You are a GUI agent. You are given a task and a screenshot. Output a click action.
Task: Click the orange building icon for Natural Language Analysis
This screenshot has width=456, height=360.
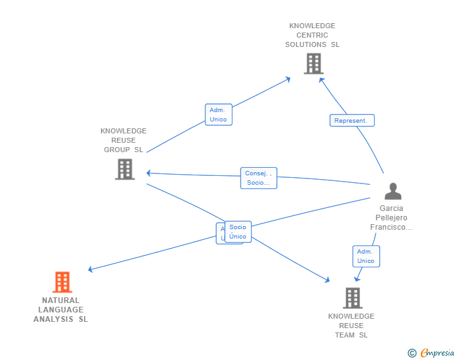pyautogui.click(x=61, y=282)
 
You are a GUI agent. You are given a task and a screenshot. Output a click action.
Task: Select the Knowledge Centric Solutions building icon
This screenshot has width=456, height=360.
pyautogui.click(x=313, y=64)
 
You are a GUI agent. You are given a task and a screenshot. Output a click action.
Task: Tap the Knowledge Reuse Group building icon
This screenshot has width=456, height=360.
pyautogui.click(x=125, y=169)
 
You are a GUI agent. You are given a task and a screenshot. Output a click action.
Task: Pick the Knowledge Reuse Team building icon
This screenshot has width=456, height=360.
pyautogui.click(x=352, y=298)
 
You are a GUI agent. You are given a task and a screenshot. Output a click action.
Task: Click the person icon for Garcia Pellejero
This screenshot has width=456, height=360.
pyautogui.click(x=393, y=191)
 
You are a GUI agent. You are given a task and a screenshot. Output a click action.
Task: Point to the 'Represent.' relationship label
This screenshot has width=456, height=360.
pyautogui.click(x=352, y=121)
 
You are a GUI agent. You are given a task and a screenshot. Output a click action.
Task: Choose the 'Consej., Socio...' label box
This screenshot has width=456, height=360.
pyautogui.click(x=258, y=178)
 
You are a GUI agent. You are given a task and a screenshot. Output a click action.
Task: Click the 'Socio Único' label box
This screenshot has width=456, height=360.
pyautogui.click(x=238, y=232)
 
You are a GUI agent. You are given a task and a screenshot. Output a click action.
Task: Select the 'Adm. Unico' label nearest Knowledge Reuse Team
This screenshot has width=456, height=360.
pyautogui.click(x=366, y=256)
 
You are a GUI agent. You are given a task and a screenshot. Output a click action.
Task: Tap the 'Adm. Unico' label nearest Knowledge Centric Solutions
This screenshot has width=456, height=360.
pyautogui.click(x=219, y=115)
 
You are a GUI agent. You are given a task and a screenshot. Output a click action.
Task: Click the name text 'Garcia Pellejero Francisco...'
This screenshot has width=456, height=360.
pyautogui.click(x=391, y=218)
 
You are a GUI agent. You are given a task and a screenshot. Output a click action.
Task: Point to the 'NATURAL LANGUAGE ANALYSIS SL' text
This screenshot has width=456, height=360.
pyautogui.click(x=61, y=310)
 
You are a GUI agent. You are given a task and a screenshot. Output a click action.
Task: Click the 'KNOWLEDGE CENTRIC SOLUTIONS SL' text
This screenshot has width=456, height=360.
pyautogui.click(x=313, y=35)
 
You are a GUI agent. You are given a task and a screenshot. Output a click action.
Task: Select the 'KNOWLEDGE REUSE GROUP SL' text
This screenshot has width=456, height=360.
pyautogui.click(x=123, y=140)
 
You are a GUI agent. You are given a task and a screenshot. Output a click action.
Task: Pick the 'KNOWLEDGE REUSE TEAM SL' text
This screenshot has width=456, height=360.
pyautogui.click(x=351, y=326)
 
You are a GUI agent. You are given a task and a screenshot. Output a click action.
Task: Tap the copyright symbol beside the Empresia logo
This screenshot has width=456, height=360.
pyautogui.click(x=412, y=354)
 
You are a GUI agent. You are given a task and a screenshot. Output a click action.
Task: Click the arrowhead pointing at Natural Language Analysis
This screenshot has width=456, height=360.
pyautogui.click(x=90, y=270)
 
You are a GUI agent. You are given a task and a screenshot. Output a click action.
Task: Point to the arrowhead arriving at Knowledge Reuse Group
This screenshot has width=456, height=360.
pyautogui.click(x=148, y=173)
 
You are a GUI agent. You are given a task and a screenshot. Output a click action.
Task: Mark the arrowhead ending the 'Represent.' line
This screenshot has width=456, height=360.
pyautogui.click(x=321, y=80)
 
